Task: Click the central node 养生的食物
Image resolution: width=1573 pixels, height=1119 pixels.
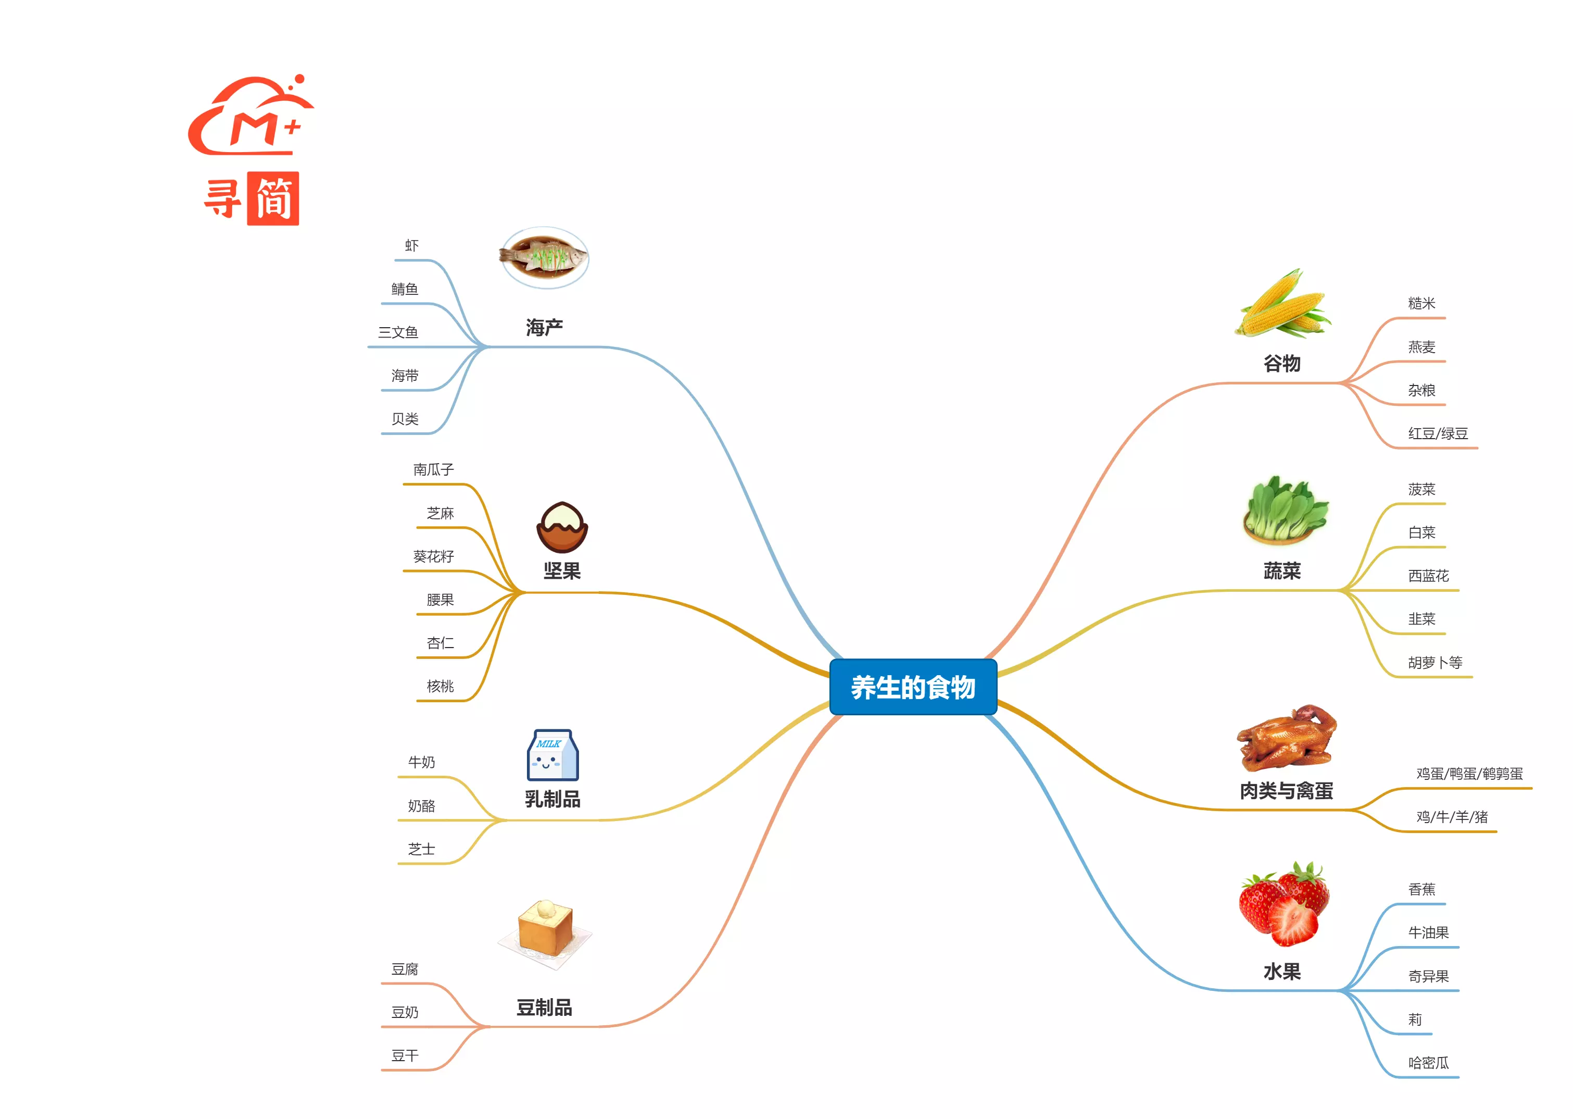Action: tap(913, 687)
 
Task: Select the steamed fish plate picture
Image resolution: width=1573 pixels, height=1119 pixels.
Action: tap(544, 257)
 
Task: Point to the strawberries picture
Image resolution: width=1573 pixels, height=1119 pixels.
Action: tap(1283, 903)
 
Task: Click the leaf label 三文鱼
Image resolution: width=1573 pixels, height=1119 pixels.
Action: tap(398, 332)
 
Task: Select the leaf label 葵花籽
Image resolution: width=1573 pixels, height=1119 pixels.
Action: tap(433, 556)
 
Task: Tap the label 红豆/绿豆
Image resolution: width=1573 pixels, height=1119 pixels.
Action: tap(1437, 433)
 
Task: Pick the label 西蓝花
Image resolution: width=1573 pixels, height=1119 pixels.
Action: tap(1428, 575)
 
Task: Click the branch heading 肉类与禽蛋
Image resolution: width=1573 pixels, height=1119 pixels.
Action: tap(1286, 790)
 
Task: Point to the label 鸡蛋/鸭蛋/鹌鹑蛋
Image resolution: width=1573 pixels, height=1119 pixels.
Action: tap(1469, 773)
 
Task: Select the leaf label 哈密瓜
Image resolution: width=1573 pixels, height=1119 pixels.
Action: tap(1428, 1063)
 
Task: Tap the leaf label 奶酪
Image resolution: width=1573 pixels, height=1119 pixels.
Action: tap(421, 805)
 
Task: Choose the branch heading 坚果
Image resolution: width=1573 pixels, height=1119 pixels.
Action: tap(562, 570)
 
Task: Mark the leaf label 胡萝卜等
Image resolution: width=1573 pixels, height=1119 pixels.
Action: tap(1434, 662)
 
